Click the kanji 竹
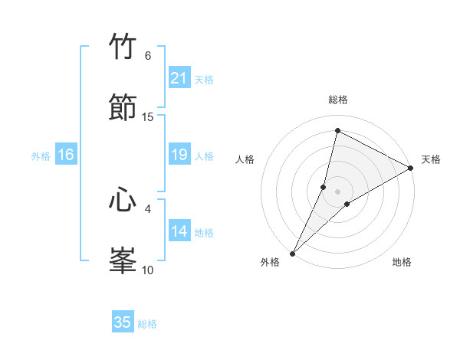click(x=123, y=47)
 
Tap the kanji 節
click(x=123, y=106)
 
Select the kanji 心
click(x=123, y=200)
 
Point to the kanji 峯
click(x=123, y=260)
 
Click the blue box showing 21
click(x=179, y=78)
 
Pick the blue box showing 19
click(x=179, y=155)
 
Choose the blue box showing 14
click(x=179, y=231)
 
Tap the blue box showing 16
click(x=66, y=155)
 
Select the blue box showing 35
click(x=123, y=322)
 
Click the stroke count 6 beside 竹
click(x=148, y=56)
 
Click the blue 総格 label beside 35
click(x=147, y=324)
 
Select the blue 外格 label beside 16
click(x=41, y=156)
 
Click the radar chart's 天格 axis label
click(x=432, y=159)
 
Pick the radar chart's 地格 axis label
click(x=402, y=262)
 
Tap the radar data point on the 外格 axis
click(x=292, y=253)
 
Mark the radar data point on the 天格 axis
click(x=411, y=168)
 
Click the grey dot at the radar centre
click(x=337, y=191)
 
